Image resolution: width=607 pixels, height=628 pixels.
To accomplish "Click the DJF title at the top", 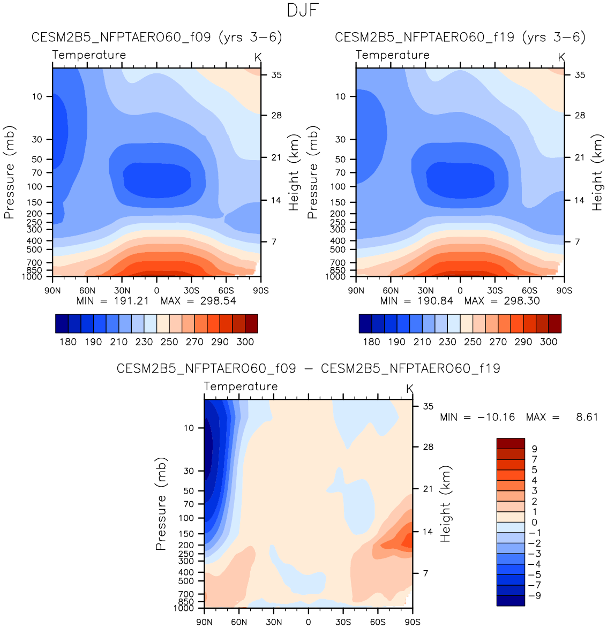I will tap(303, 10).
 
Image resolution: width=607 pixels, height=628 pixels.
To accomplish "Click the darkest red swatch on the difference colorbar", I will tap(511, 443).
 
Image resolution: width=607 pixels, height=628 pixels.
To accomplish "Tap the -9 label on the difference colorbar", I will tap(534, 595).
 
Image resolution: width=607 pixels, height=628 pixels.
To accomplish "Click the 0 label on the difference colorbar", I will tap(534, 523).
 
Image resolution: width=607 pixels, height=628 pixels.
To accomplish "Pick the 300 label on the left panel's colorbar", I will tap(245, 342).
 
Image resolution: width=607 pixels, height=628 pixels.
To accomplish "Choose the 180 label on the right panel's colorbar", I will tap(371, 342).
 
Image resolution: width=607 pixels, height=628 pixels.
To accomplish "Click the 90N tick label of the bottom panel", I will tap(204, 622).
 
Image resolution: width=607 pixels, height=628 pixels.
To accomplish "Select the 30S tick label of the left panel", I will tap(191, 290).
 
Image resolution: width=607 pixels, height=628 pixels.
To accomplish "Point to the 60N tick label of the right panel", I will tap(391, 290).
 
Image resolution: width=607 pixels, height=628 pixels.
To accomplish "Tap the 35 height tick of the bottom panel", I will tap(428, 406).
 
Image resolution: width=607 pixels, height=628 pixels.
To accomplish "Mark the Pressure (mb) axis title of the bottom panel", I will tap(161, 504).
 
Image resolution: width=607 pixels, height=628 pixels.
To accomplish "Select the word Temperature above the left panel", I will tap(89, 55).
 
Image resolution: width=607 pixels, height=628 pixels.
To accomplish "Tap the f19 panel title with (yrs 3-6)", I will tap(460, 37).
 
